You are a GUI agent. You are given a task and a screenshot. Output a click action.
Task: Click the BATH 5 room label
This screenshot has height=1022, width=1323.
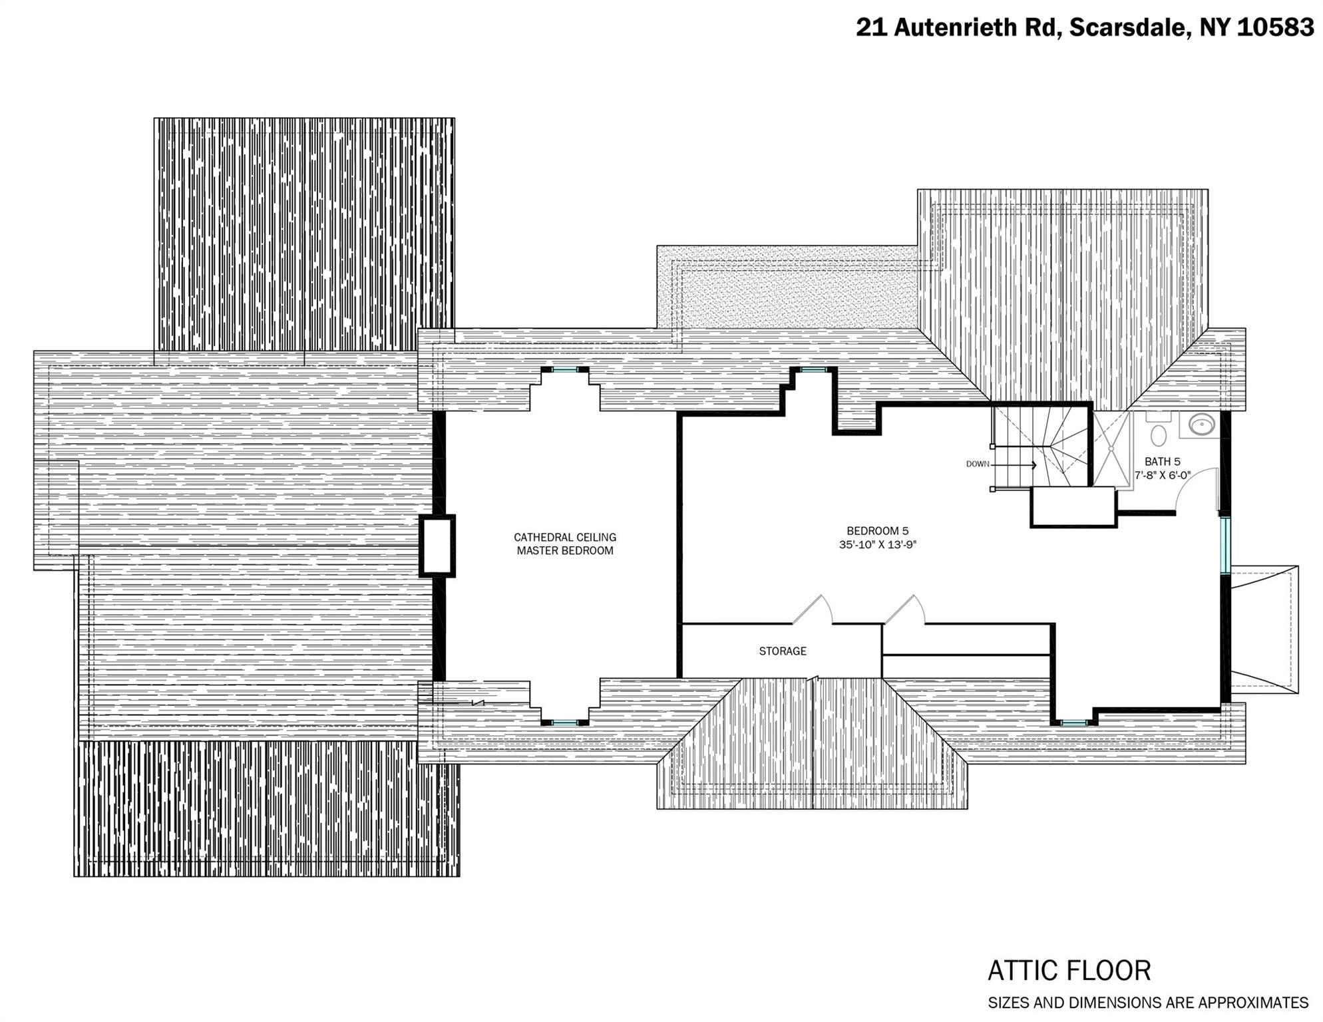1162,461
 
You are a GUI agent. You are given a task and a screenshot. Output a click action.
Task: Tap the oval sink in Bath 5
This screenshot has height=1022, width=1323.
1201,425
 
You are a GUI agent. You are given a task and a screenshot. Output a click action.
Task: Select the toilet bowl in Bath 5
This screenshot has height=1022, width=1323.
1159,435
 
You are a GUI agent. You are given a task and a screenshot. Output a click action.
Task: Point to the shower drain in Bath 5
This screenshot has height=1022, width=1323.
1111,448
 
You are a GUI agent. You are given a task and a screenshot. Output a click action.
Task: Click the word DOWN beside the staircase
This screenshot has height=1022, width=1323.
977,464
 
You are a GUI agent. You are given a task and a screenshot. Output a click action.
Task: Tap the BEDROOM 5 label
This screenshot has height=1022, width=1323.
877,531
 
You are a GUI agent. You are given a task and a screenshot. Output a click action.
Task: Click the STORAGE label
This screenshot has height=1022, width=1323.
782,651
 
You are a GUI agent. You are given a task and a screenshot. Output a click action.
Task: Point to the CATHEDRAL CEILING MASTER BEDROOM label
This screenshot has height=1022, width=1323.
565,544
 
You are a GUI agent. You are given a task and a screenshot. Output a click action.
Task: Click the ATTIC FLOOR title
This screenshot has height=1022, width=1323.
1069,971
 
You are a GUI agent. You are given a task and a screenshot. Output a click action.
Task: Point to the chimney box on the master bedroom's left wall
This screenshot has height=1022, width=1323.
437,546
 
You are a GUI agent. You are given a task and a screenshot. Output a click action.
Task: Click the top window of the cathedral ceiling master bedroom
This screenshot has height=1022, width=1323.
564,369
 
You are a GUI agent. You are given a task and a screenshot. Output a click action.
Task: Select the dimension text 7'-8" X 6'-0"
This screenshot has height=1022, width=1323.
1162,475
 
